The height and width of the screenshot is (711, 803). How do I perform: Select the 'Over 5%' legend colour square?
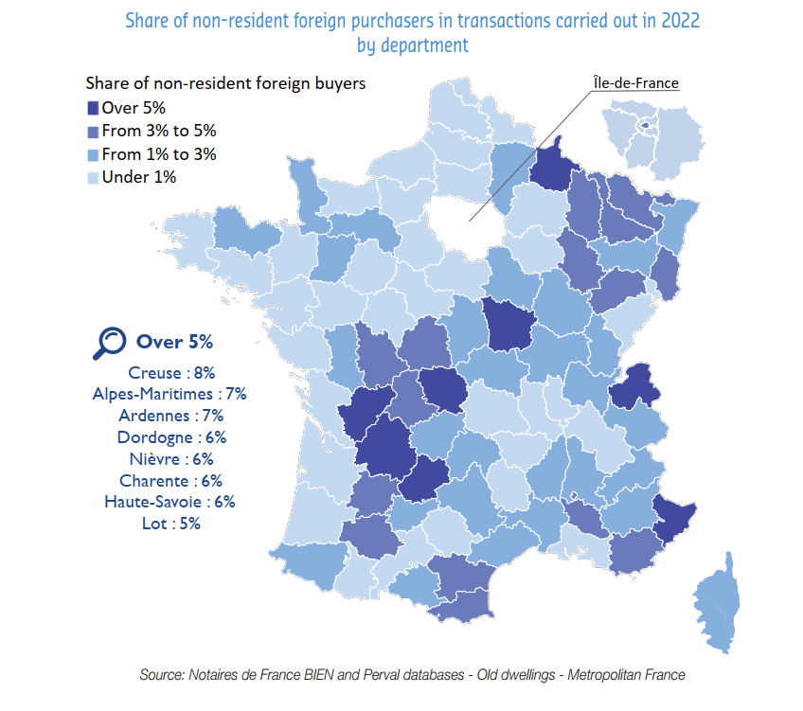93,108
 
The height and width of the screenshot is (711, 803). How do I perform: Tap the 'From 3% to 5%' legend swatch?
93,131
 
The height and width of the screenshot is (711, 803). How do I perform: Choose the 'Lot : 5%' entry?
171,524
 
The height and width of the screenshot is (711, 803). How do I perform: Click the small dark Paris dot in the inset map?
647,124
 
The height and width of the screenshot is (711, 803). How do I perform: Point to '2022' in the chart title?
679,21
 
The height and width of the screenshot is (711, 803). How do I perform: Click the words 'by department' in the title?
413,44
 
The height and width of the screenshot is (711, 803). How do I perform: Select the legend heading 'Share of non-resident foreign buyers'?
225,83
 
